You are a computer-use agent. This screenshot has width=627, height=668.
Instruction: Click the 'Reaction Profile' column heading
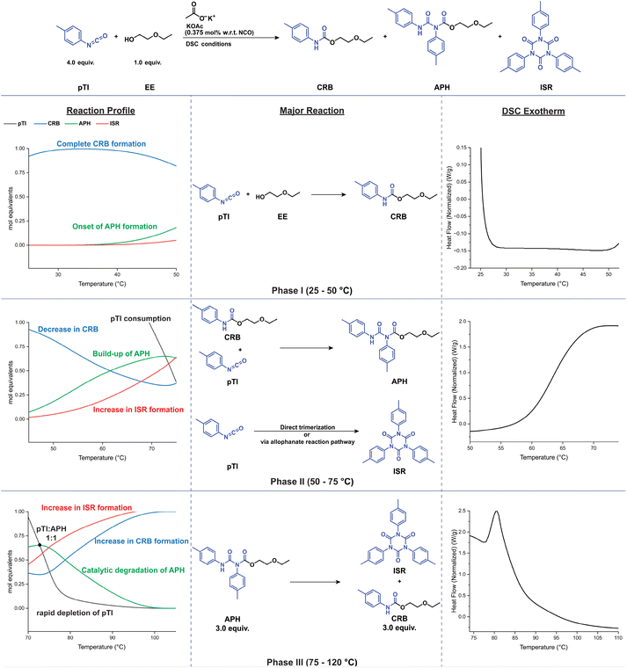click(x=100, y=111)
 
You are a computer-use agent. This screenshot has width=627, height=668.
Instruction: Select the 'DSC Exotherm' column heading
click(x=533, y=112)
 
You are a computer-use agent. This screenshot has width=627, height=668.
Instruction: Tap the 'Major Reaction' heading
click(x=312, y=111)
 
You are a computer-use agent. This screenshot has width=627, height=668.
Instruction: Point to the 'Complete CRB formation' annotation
click(x=101, y=144)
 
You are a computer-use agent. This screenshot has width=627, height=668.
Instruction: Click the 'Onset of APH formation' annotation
click(x=114, y=227)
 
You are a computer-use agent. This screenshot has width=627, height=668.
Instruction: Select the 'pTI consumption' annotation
click(x=141, y=319)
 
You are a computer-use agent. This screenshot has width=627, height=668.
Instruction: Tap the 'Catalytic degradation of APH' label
click(x=133, y=570)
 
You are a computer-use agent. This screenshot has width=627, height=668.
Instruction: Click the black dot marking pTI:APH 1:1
click(x=40, y=545)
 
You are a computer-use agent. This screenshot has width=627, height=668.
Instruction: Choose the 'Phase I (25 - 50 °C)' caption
click(x=312, y=291)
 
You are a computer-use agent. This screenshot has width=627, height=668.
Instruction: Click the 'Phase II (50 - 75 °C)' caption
click(x=312, y=482)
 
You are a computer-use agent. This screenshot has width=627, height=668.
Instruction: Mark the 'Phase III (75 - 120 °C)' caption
click(x=312, y=662)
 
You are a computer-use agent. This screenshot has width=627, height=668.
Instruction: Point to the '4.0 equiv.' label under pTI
click(x=80, y=62)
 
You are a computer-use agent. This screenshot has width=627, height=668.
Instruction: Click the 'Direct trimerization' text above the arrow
click(x=307, y=427)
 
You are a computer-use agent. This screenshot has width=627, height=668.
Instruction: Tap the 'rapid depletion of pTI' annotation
click(x=75, y=613)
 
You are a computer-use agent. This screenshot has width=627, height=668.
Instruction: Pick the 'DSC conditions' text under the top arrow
click(x=208, y=44)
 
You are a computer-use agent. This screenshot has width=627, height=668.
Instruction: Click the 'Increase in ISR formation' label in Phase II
click(x=138, y=410)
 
